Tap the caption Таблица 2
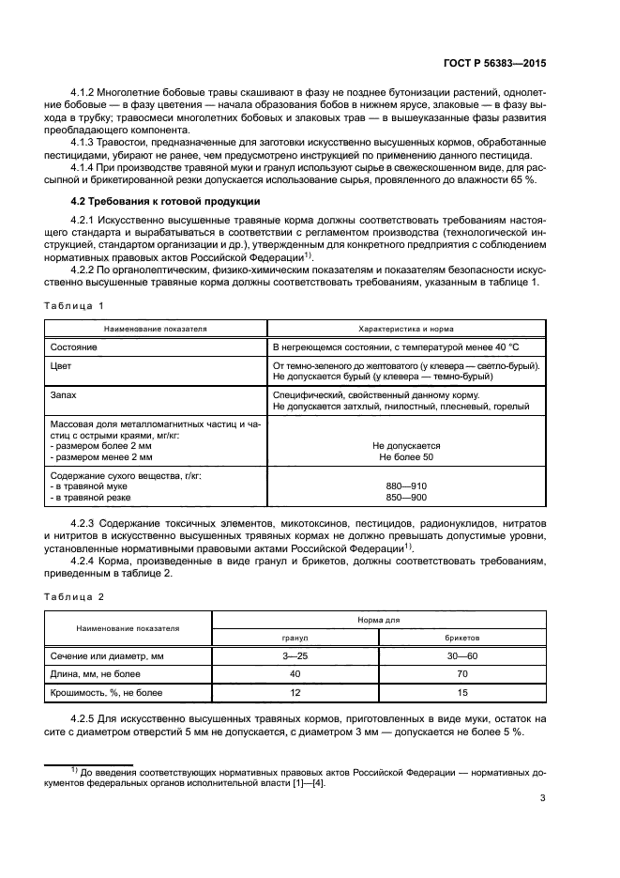click(75, 597)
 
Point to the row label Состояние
click(77, 347)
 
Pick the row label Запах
click(64, 395)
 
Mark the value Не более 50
click(406, 456)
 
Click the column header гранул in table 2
click(295, 636)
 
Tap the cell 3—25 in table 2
click(295, 655)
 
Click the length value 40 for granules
click(295, 674)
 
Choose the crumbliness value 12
click(295, 693)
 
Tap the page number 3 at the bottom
click(543, 799)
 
